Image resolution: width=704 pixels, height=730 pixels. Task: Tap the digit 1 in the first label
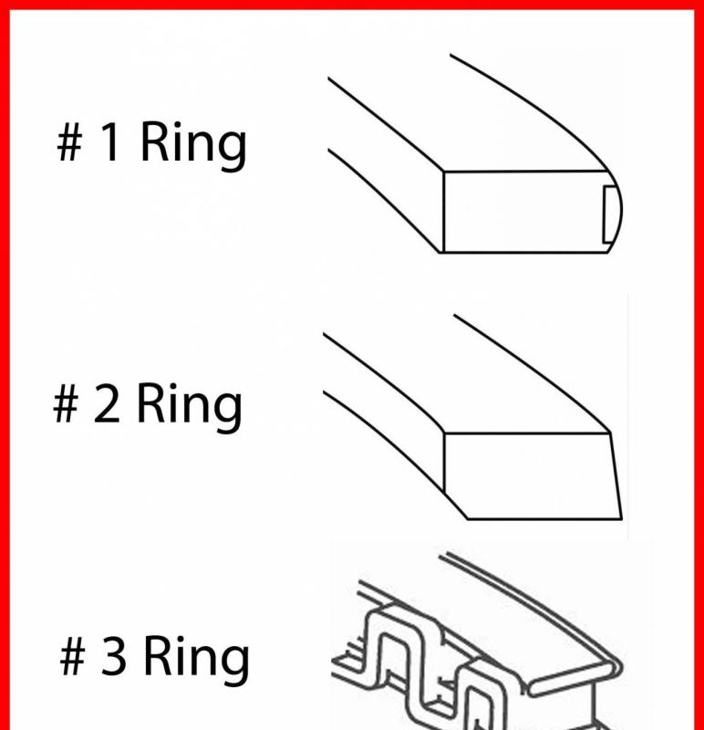pos(109,144)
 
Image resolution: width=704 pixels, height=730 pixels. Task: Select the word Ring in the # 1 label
pos(192,146)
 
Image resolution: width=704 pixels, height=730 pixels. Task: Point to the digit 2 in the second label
pos(107,406)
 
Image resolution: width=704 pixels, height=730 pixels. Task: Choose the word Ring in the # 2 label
pos(190,408)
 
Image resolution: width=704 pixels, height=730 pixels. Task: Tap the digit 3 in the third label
pos(113,658)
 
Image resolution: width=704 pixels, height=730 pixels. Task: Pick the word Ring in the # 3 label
pos(197,660)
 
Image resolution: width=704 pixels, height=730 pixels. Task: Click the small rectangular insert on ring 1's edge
pos(609,213)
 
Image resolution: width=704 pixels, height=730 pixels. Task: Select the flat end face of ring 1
pos(520,213)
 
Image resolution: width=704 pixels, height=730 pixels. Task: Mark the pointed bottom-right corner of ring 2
pos(622,516)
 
